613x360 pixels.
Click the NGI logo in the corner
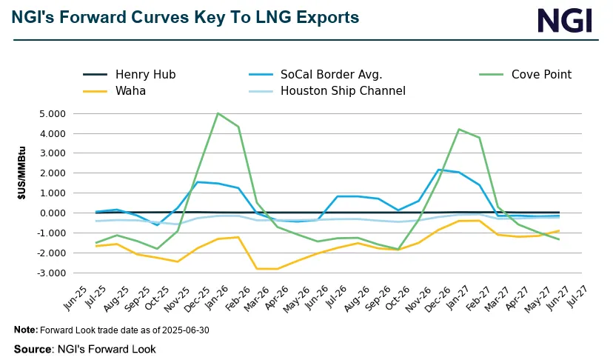[x=565, y=20]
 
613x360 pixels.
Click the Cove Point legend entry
[x=538, y=74]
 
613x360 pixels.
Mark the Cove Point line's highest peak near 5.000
[x=217, y=113]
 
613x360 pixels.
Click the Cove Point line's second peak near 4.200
[x=459, y=130]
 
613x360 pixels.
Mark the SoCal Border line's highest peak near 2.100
[x=439, y=170]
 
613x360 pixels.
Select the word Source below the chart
[x=33, y=349]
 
